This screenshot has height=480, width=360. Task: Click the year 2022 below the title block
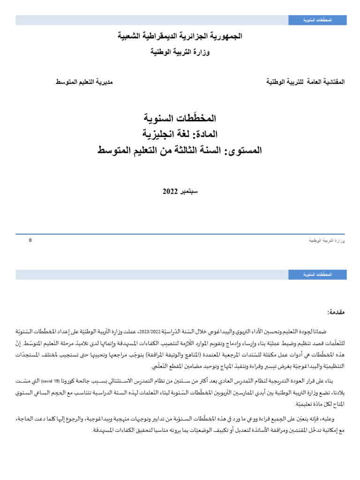pyautogui.click(x=169, y=192)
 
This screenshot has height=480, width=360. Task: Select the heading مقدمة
pyautogui.click(x=335, y=312)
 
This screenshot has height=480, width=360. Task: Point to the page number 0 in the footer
pyautogui.click(x=30, y=240)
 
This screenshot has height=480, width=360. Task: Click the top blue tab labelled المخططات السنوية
pyautogui.click(x=317, y=20)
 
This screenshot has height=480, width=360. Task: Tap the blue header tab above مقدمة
pyautogui.click(x=317, y=275)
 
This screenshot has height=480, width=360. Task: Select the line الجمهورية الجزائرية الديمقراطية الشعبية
pyautogui.click(x=180, y=36)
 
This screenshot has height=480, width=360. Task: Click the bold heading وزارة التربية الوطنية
pyautogui.click(x=180, y=52)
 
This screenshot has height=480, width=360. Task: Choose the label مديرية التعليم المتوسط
pyautogui.click(x=84, y=82)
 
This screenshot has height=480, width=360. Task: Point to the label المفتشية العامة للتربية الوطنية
pyautogui.click(x=305, y=82)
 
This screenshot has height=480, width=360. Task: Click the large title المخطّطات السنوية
pyautogui.click(x=180, y=118)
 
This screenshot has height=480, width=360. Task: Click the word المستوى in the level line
pyautogui.click(x=244, y=150)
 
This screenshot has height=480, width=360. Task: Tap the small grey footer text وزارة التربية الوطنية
pyautogui.click(x=327, y=240)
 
